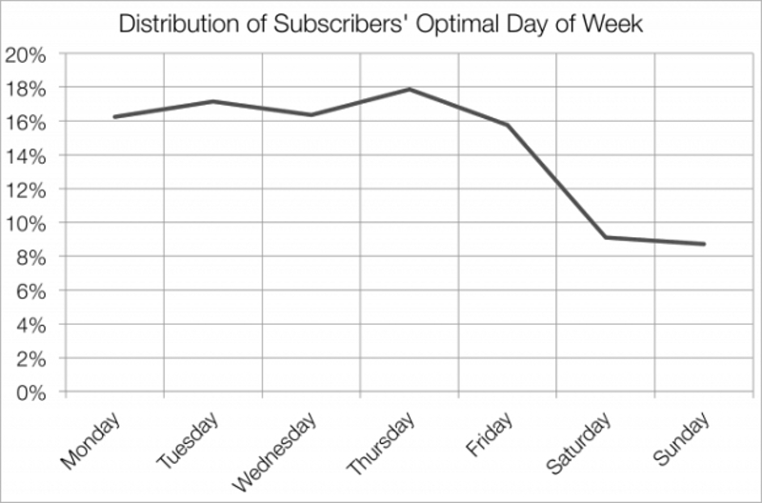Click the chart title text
click(381, 24)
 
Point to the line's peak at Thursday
click(409, 90)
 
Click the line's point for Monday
click(114, 117)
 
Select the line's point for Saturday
click(606, 237)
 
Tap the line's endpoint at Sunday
click(704, 244)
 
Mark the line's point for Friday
click(508, 125)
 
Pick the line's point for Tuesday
click(212, 101)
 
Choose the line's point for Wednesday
click(311, 115)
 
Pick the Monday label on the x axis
click(91, 441)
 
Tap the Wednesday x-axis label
click(271, 452)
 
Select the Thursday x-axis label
click(379, 447)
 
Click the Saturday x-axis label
click(577, 445)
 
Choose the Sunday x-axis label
click(679, 440)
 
